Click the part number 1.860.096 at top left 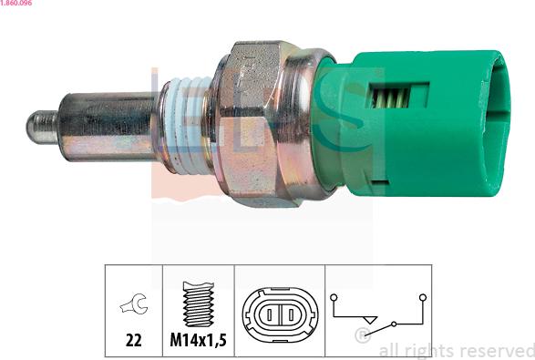pyautogui.click(x=16, y=3)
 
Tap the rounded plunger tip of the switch pyautogui.click(x=42, y=127)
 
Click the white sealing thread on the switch pyautogui.click(x=186, y=124)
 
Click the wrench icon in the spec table pyautogui.click(x=134, y=303)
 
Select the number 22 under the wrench pyautogui.click(x=133, y=340)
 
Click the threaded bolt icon pyautogui.click(x=199, y=304)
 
